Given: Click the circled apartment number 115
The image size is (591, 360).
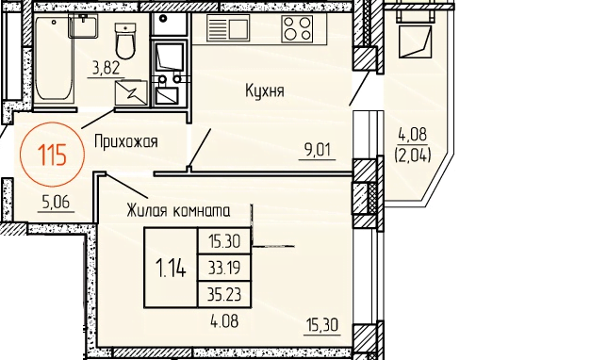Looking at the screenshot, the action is click(52, 155).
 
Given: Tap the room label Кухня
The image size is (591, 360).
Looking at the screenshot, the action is click(265, 91).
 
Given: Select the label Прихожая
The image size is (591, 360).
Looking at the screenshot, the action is click(126, 142).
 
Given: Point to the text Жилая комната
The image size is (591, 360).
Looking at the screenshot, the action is click(178, 211).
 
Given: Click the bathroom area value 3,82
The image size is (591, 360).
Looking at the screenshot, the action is click(106, 69).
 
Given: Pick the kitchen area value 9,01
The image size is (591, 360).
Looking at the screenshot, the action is click(317, 150).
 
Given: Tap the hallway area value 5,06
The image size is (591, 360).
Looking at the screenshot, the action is click(57, 203).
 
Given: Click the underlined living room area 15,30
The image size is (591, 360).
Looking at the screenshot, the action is click(321, 325).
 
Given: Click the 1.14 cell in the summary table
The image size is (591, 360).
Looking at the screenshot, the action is click(171, 269).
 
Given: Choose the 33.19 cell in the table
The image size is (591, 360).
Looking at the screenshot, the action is click(224, 268).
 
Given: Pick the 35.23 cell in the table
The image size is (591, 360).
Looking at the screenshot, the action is click(224, 294).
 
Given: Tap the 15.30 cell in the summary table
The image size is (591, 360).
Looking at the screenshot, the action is click(224, 241).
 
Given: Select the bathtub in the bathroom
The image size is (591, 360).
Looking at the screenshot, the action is click(54, 58).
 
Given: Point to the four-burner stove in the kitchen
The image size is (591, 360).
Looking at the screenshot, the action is click(297, 28).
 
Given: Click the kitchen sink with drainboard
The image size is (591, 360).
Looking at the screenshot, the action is click(228, 28).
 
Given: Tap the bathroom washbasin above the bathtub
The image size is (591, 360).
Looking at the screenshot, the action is click(83, 25).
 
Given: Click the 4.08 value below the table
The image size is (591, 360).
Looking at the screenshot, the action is click(224, 322).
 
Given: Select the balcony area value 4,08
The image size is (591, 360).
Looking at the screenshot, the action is click(413, 135).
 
